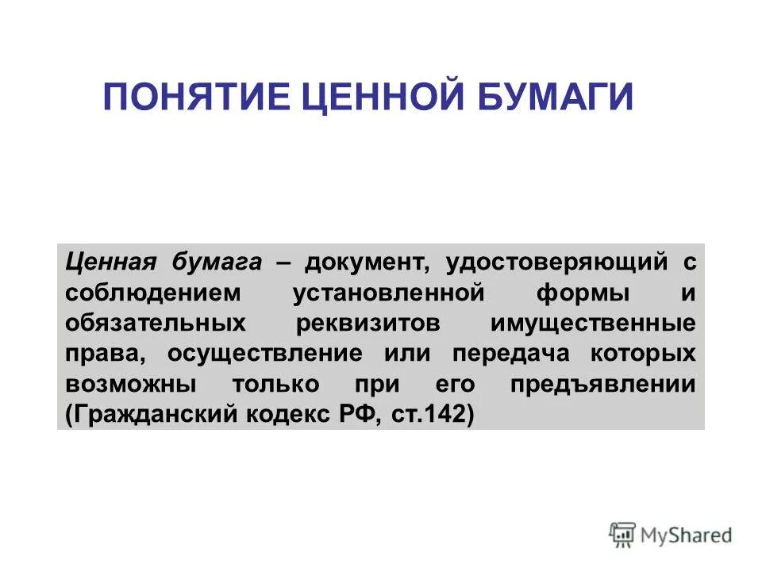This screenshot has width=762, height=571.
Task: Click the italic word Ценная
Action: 110,261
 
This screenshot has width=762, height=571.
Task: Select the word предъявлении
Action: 603,384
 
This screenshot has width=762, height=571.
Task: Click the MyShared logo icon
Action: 623,534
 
